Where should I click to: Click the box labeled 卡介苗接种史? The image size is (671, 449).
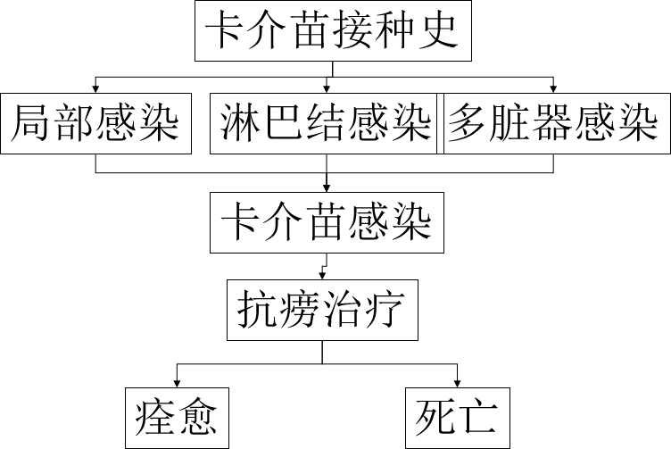click(333, 33)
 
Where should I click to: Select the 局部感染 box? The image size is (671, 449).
click(96, 123)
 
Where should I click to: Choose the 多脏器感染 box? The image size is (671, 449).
click(553, 123)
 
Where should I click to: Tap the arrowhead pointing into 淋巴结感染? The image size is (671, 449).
click(328, 88)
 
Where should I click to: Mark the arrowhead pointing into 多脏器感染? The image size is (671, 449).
click(553, 88)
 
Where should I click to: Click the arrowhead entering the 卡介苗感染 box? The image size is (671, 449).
click(327, 187)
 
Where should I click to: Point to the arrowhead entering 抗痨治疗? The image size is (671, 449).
click(321, 276)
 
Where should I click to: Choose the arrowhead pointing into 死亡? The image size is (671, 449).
click(459, 381)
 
